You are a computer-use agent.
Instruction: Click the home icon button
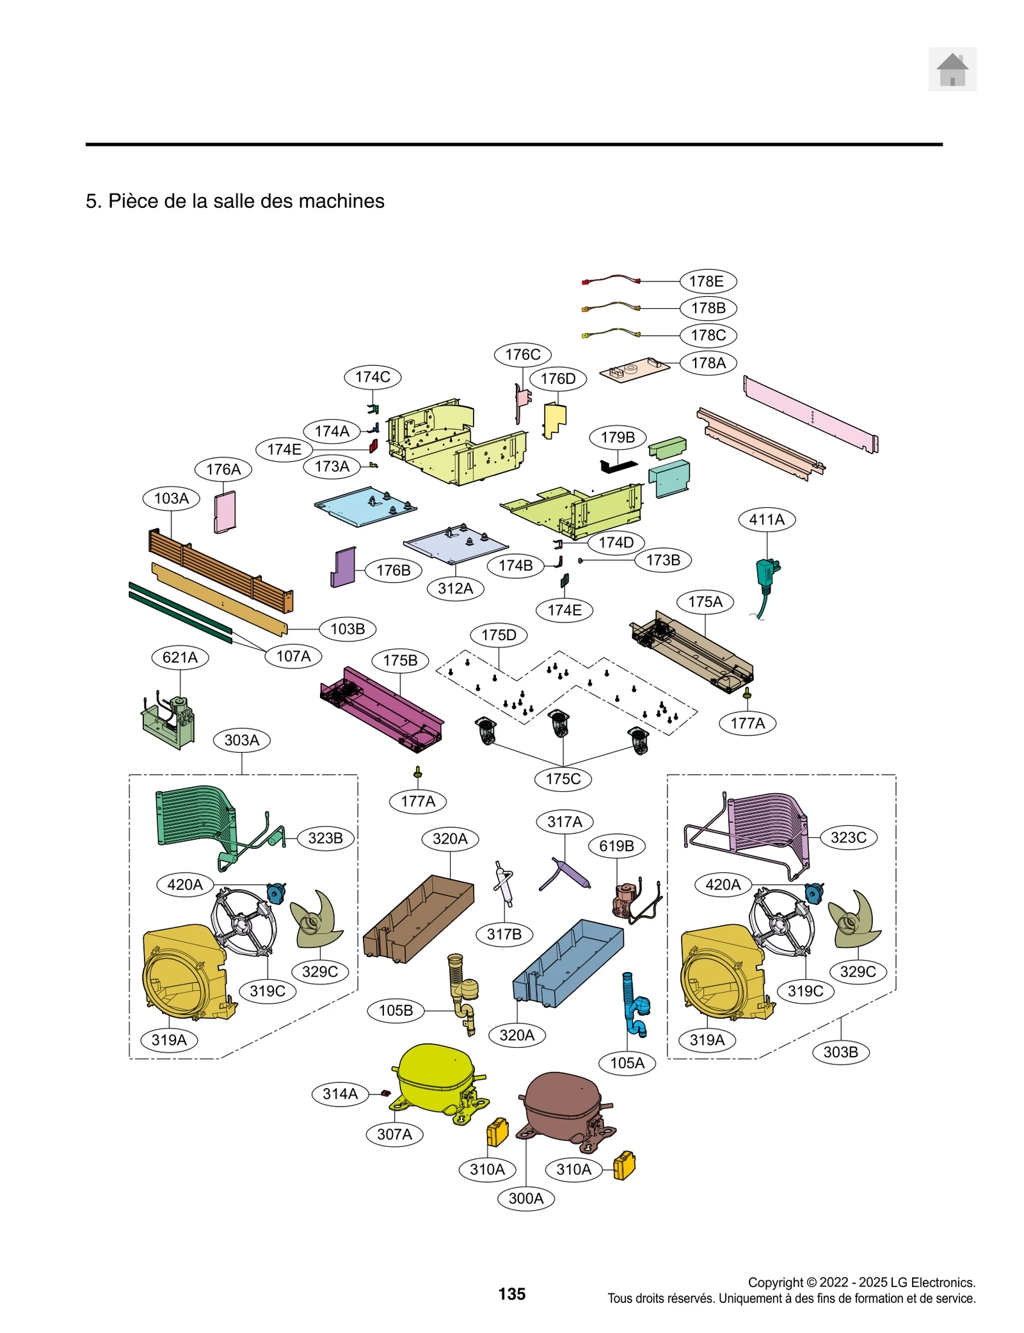(x=952, y=69)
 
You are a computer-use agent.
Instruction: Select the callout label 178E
(x=707, y=281)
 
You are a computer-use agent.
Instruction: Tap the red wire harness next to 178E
(x=611, y=279)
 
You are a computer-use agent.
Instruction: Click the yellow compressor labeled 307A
(x=435, y=1080)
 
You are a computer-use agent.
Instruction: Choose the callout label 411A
(x=767, y=519)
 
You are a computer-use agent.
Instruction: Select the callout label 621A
(x=180, y=657)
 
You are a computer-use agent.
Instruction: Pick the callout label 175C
(x=563, y=779)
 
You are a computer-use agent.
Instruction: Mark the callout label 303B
(x=840, y=1052)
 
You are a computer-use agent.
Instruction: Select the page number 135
(x=511, y=1294)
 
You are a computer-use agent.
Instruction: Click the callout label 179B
(x=618, y=438)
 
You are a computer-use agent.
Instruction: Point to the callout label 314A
(x=340, y=1094)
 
